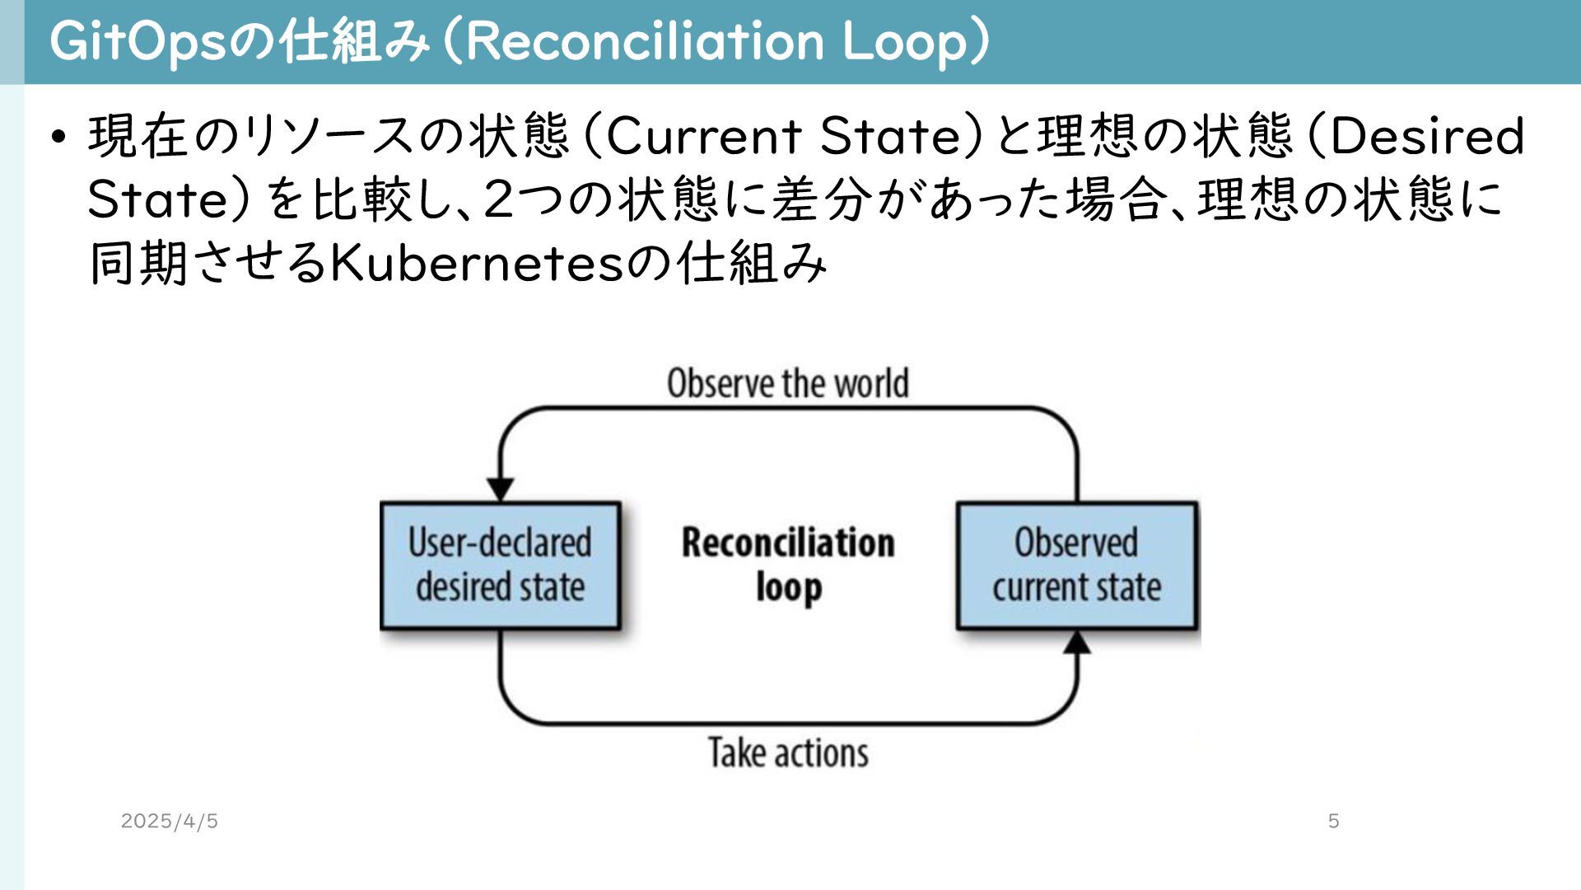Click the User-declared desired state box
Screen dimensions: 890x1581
click(x=500, y=565)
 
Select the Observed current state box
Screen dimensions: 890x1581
click(x=1076, y=565)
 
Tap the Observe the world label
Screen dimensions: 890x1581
click(x=788, y=384)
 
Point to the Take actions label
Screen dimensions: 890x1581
click(x=788, y=753)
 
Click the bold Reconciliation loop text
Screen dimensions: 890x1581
click(x=788, y=565)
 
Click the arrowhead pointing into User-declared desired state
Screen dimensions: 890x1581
click(x=501, y=489)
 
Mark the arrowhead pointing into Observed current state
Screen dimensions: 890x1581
click(x=1076, y=643)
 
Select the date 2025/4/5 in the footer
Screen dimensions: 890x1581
click(x=169, y=821)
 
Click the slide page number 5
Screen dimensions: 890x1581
click(x=1333, y=821)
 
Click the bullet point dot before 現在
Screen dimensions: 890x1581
click(x=57, y=137)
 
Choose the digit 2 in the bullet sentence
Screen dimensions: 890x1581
click(x=499, y=199)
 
